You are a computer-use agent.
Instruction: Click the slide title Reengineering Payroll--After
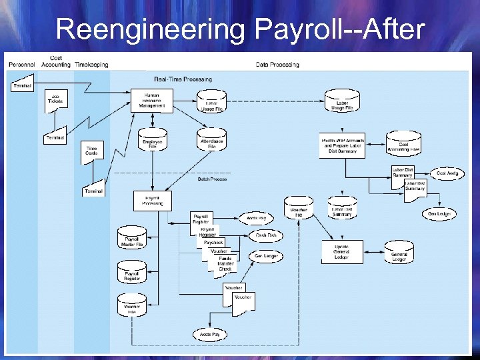[x=240, y=29]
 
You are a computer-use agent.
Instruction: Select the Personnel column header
[x=22, y=65]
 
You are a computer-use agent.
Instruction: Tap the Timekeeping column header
[x=92, y=65]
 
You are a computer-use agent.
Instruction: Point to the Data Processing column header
[x=277, y=65]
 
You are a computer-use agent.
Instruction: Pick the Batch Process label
[x=212, y=179]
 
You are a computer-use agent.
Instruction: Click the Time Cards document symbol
[x=91, y=151]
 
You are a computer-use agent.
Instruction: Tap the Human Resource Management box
[x=152, y=100]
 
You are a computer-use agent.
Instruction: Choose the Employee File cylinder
[x=152, y=143]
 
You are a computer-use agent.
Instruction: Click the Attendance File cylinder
[x=211, y=143]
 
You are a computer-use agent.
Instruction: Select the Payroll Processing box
[x=153, y=201]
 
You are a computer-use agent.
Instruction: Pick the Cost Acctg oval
[x=447, y=173]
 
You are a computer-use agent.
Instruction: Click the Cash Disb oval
[x=266, y=235]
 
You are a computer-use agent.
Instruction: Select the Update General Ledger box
[x=342, y=251]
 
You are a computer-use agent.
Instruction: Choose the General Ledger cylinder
[x=399, y=255]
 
